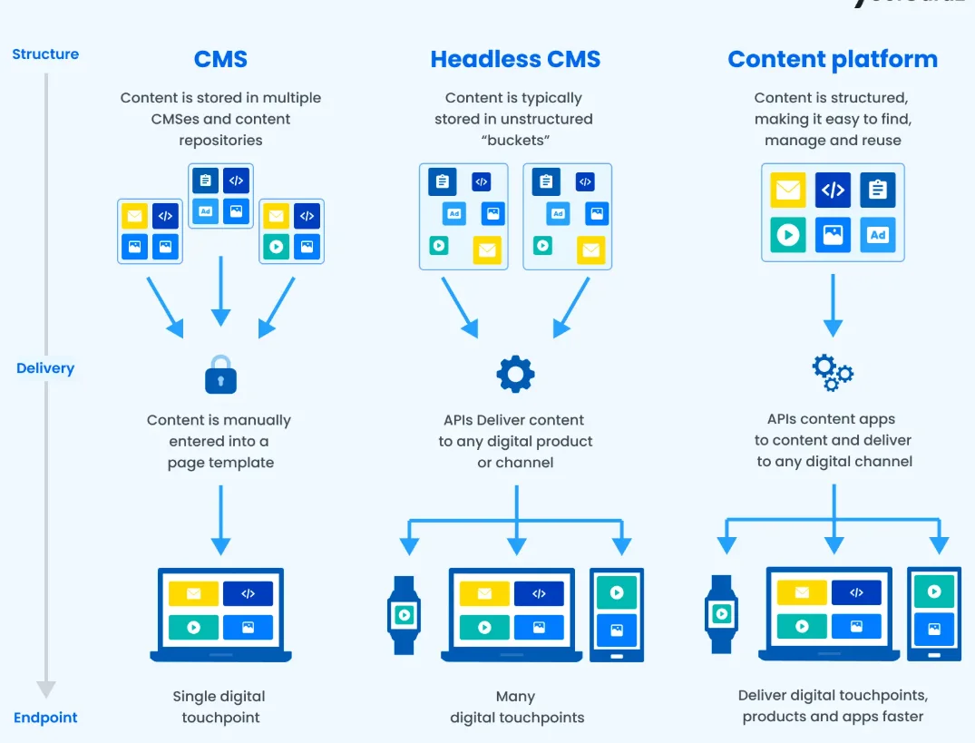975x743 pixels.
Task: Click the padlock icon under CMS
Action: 220,374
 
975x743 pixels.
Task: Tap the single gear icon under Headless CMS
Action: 515,374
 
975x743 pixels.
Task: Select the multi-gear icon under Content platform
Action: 832,372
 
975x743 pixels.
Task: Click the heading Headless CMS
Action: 515,60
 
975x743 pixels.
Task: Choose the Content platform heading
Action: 832,60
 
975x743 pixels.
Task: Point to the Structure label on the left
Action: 45,54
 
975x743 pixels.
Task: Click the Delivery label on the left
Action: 45,368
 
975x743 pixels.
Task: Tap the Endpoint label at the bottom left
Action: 45,718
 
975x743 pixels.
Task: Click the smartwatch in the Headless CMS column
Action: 404,615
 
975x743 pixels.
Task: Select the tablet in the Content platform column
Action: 933,613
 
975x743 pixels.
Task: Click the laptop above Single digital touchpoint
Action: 220,614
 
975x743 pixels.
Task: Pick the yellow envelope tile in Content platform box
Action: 788,191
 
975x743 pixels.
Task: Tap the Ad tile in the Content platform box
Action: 877,235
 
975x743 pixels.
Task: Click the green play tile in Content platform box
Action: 788,235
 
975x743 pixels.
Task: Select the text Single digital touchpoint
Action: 219,707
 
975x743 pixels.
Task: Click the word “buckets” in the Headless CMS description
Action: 514,140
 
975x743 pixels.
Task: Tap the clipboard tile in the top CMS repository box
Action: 205,181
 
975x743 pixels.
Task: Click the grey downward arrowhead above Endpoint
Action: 46,689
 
